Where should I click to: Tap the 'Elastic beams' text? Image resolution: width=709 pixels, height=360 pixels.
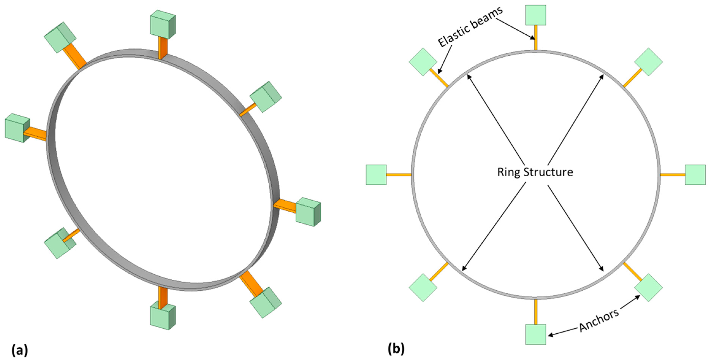(470, 26)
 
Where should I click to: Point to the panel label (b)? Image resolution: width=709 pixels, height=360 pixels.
(396, 349)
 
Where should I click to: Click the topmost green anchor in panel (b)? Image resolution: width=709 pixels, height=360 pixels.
(535, 15)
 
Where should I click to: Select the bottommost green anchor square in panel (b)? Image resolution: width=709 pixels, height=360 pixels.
(535, 334)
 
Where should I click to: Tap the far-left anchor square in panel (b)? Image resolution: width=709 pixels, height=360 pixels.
(376, 175)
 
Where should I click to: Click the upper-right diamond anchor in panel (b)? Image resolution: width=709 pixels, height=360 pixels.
(648, 62)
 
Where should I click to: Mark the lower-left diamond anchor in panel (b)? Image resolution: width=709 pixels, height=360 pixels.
(423, 288)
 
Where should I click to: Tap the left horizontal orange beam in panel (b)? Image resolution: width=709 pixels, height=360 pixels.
(399, 175)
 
